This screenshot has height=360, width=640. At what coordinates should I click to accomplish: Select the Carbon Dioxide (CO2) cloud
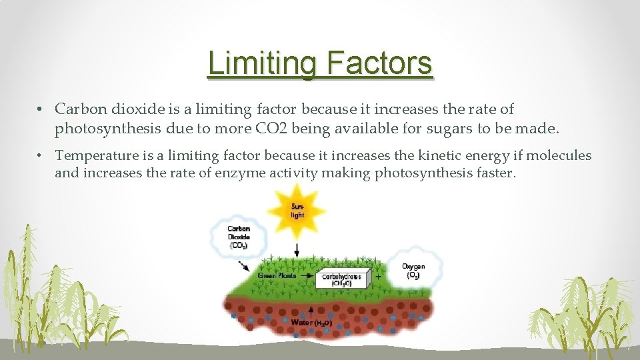tap(238, 237)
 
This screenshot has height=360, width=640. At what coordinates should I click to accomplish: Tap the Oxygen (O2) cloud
tap(413, 269)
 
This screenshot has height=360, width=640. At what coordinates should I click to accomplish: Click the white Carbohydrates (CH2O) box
tap(341, 279)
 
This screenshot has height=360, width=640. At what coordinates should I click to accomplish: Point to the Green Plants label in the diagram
tap(277, 275)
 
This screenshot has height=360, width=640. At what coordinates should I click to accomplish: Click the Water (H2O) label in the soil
tap(311, 323)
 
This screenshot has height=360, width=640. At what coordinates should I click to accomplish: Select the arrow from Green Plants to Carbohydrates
tap(307, 275)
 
